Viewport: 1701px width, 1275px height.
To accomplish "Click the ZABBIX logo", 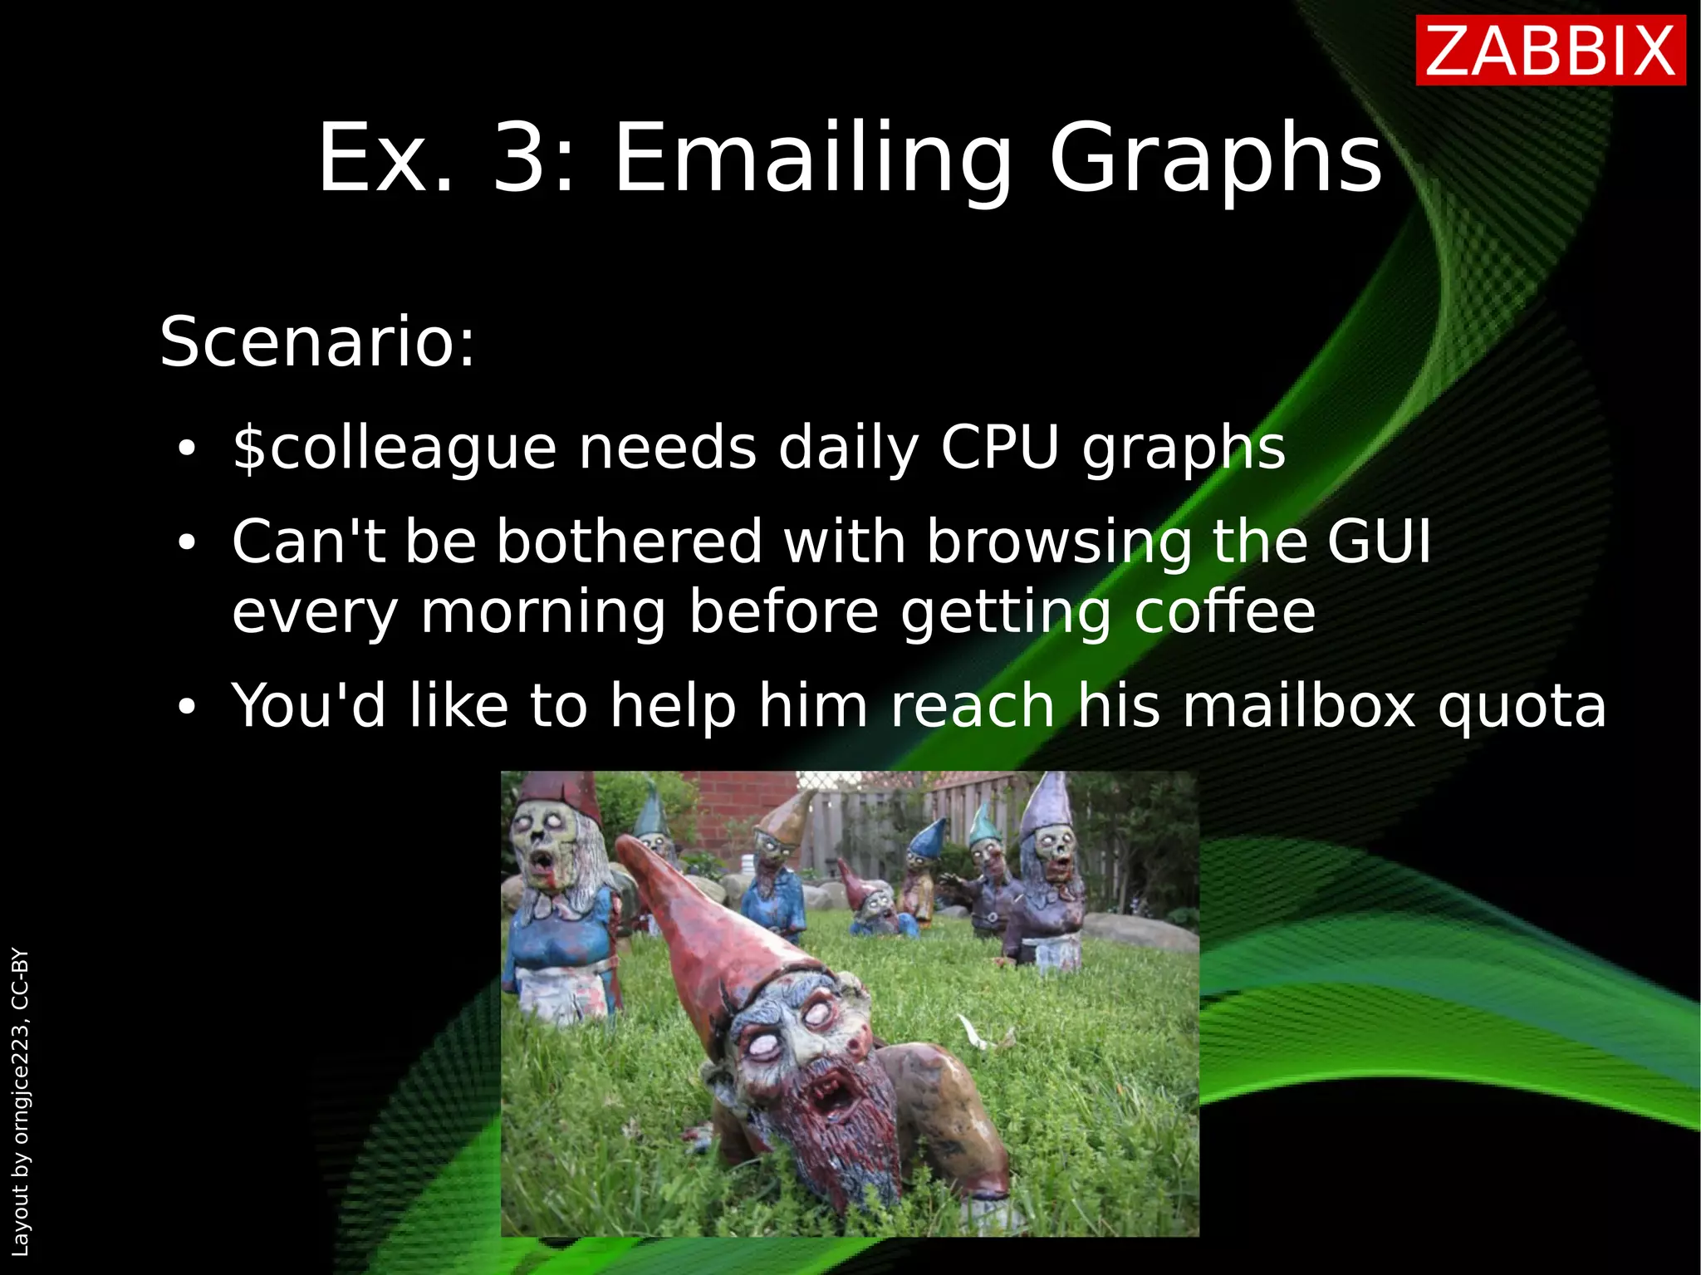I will coord(1550,52).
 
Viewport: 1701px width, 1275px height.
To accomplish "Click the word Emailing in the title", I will coord(812,158).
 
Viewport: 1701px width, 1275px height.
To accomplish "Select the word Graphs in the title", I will coord(1215,158).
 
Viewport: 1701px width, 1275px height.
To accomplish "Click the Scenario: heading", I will coord(317,341).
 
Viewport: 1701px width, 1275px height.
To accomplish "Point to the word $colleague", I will coord(394,449).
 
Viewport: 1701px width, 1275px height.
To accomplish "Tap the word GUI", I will coord(1379,542).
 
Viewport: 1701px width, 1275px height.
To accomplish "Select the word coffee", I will coord(1224,612).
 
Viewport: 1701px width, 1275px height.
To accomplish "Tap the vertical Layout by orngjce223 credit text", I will coord(20,1101).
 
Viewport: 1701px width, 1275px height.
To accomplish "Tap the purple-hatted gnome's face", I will coord(1053,847).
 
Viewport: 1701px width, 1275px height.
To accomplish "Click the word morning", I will coord(543,612).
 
